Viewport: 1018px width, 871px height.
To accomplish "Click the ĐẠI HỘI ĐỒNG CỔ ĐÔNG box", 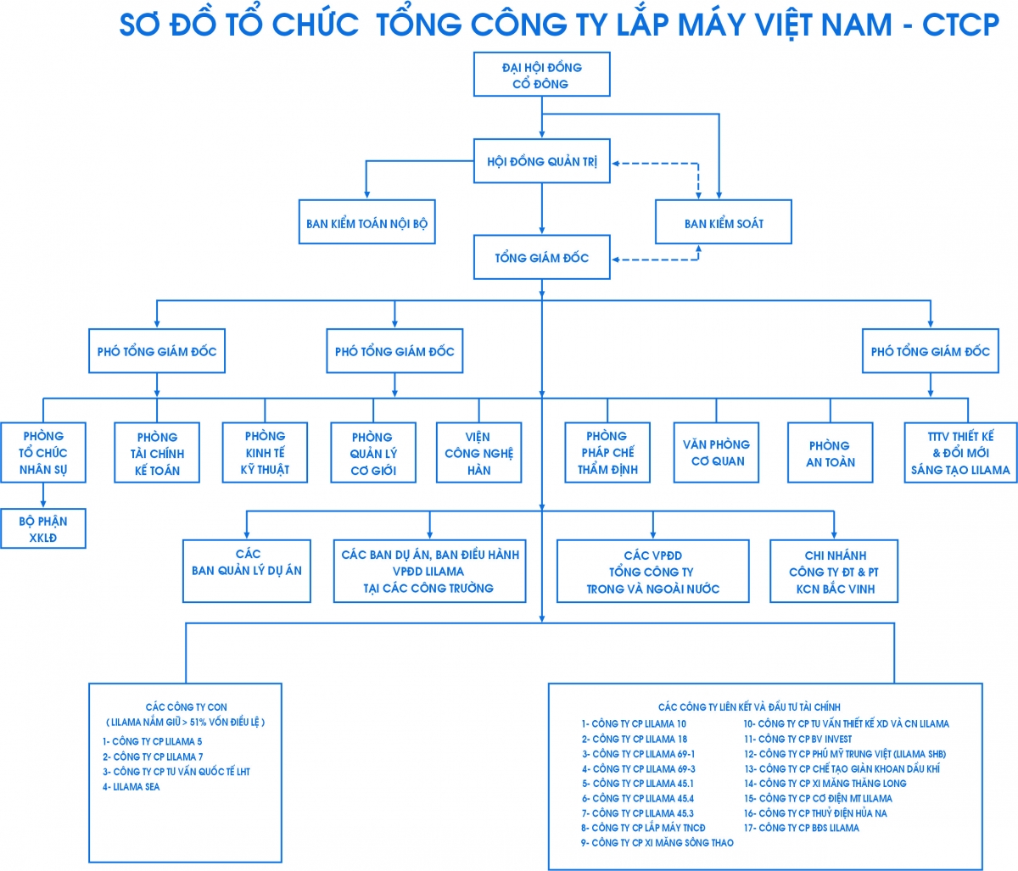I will [x=541, y=75].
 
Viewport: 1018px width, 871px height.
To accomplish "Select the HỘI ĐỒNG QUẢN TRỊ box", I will [x=541, y=161].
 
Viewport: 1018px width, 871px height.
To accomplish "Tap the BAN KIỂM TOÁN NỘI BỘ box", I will [x=366, y=224].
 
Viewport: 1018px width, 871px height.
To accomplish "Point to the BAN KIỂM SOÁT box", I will [x=723, y=223].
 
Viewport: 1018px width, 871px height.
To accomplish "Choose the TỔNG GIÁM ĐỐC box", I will [x=541, y=258].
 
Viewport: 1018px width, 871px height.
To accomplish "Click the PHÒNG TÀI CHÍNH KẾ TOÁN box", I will [x=157, y=453].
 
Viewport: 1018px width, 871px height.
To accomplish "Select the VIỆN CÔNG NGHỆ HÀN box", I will [x=478, y=453].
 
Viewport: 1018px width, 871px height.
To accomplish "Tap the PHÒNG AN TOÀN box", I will [x=831, y=453].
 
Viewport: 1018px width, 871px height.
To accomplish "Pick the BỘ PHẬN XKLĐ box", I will [x=42, y=529].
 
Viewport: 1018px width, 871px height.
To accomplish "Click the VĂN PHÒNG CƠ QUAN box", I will [x=716, y=453].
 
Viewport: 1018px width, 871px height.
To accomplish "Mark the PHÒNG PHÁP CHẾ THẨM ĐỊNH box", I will [x=607, y=453].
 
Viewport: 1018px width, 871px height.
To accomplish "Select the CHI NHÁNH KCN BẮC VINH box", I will [x=833, y=572].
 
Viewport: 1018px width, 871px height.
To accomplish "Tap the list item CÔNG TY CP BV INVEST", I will [x=797, y=739].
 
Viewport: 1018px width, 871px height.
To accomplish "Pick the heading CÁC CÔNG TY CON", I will [x=187, y=706].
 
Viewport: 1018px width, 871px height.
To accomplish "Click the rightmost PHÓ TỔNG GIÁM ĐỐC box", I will [x=930, y=351].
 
